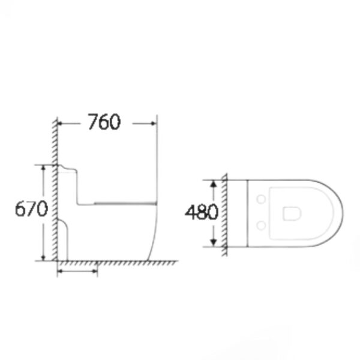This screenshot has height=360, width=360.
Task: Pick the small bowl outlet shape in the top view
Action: (x=293, y=212)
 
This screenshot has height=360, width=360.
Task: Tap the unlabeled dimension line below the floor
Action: (x=77, y=271)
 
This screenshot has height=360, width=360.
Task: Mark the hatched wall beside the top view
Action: (x=224, y=212)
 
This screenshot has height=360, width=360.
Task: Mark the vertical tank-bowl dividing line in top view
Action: (x=248, y=212)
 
